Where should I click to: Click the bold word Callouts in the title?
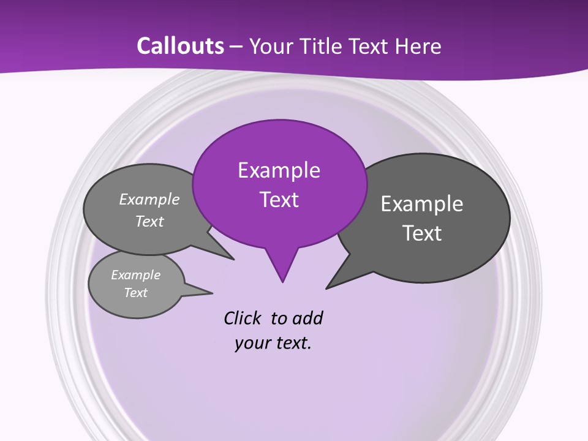181,46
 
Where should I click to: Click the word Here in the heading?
418,47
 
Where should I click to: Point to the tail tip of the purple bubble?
282,281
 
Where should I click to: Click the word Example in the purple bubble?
279,170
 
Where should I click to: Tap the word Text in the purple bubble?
279,200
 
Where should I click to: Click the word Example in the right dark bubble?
422,204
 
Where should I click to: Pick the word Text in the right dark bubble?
422,233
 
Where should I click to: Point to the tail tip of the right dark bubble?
327,287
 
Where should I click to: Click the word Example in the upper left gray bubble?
149,200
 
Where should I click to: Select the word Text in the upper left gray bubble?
149,221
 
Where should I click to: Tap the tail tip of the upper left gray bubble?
233,259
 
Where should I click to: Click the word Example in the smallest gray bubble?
136,275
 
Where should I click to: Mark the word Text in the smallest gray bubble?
136,293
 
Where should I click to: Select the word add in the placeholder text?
307,318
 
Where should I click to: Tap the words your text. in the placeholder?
273,343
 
